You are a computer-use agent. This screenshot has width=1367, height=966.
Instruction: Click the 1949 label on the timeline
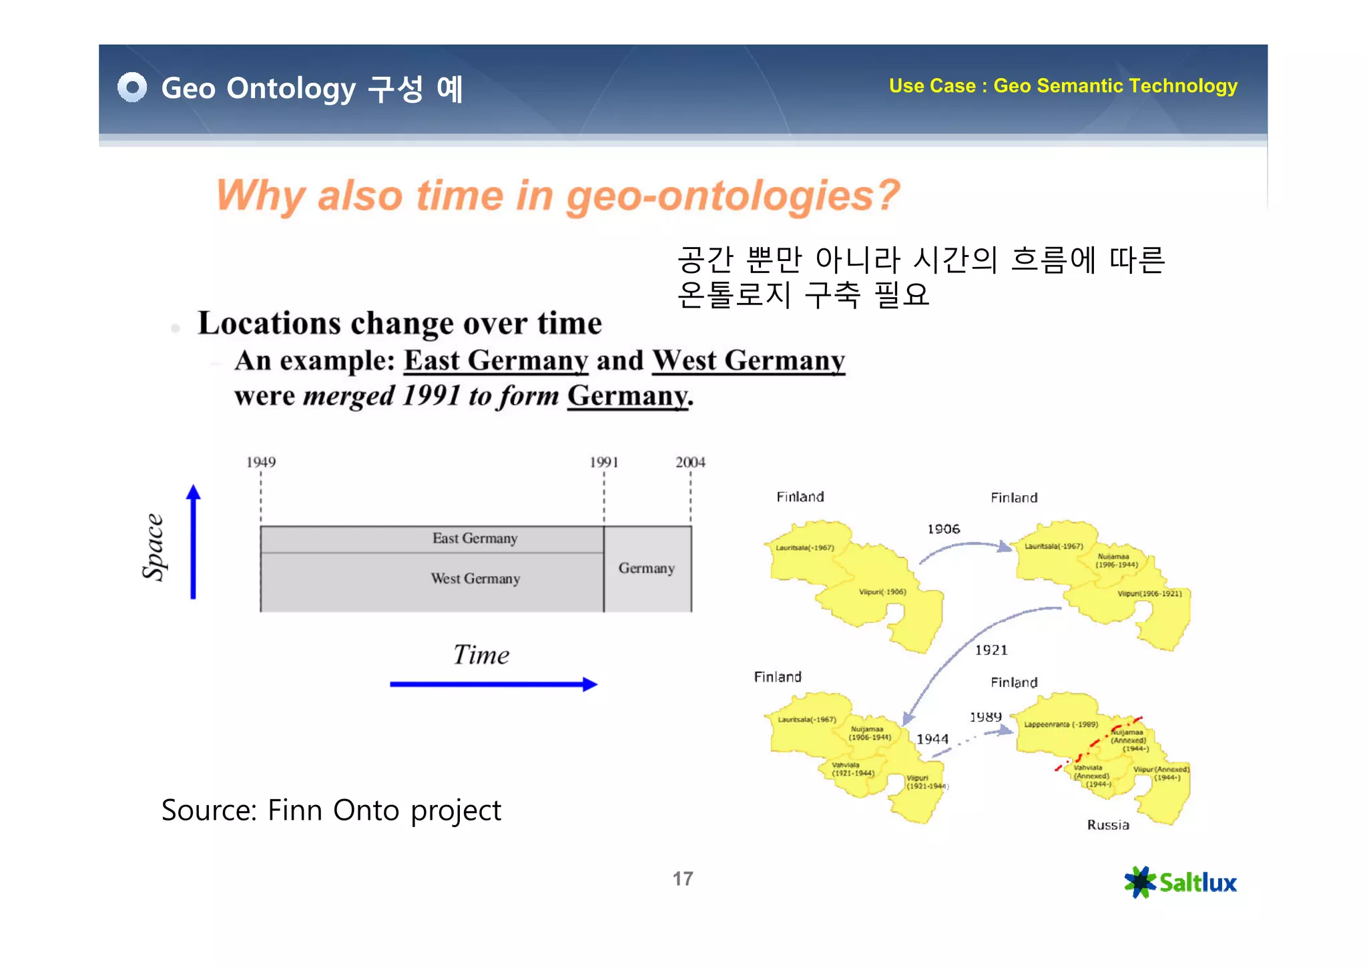[x=261, y=462]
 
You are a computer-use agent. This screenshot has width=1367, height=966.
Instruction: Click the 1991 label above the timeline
[x=604, y=462]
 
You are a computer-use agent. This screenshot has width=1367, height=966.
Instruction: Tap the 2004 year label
[x=690, y=462]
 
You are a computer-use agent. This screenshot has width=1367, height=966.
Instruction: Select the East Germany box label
[x=475, y=539]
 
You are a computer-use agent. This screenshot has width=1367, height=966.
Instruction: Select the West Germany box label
[x=475, y=579]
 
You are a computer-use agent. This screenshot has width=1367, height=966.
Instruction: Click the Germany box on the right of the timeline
[x=647, y=568]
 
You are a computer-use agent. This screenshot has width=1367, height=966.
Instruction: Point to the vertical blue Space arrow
[x=194, y=542]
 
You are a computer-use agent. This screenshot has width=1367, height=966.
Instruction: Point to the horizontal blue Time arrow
[x=493, y=684]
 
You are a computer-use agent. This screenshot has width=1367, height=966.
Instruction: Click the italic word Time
[x=481, y=655]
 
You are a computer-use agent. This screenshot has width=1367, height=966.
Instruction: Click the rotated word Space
[x=154, y=547]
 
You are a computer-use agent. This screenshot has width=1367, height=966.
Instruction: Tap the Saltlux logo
[x=1180, y=883]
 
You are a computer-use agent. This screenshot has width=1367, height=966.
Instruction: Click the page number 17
[x=683, y=879]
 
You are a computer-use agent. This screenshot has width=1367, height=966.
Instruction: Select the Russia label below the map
[x=1108, y=825]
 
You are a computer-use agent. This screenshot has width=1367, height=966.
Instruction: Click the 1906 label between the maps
[x=943, y=529]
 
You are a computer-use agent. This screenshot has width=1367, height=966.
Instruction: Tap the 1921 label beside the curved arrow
[x=991, y=650]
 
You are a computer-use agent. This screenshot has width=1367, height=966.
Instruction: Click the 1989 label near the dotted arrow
[x=985, y=717]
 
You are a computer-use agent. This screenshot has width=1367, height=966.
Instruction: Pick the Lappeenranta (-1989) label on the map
[x=1061, y=724]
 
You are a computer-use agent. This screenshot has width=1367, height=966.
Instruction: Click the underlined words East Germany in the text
[x=496, y=360]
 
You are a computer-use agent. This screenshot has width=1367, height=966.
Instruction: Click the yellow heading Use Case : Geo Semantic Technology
[x=1063, y=86]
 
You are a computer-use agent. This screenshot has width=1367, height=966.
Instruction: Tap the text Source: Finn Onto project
[x=331, y=810]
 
